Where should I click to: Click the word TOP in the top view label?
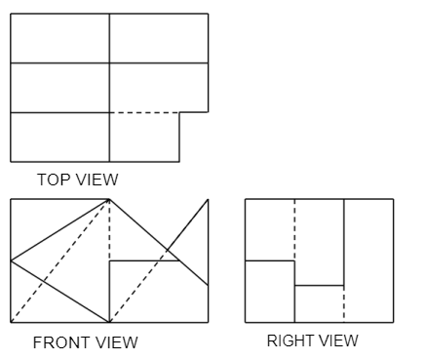pos(51,180)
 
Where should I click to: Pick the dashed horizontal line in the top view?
pos(144,113)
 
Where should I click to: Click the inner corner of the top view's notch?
pos(179,113)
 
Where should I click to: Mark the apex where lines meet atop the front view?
pos(109,200)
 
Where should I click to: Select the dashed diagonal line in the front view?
pos(60,260)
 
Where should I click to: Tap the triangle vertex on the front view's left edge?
pos(11,260)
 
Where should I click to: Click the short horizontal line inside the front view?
pos(143,260)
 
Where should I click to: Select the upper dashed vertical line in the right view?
pos(294,229)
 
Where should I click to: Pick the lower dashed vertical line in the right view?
pos(344,303)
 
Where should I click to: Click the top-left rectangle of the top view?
pos(59,38)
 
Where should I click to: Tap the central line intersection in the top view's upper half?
pos(109,63)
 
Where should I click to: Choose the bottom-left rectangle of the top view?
pos(59,137)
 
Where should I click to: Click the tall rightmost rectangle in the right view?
pos(368,260)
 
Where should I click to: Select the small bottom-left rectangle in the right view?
pos(269,291)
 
